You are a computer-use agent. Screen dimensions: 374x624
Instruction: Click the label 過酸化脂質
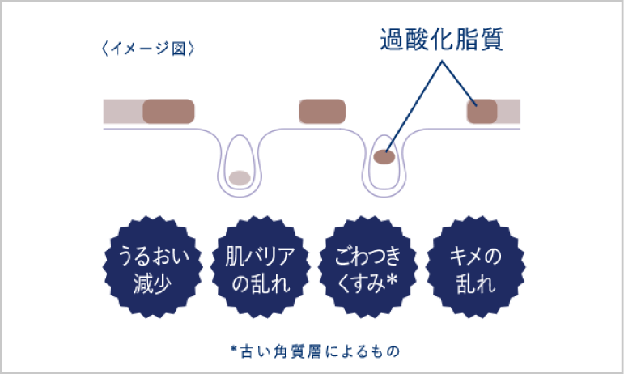(x=442, y=41)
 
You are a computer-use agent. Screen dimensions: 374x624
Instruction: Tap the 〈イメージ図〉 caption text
(x=146, y=48)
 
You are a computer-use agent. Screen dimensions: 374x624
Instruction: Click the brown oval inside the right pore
(x=384, y=157)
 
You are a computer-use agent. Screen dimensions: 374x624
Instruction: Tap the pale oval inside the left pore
(x=239, y=177)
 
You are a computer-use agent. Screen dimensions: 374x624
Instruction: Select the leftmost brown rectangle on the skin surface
(x=168, y=112)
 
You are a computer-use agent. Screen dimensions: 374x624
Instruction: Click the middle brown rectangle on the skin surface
(x=323, y=112)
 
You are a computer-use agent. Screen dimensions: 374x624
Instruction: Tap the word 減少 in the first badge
(x=153, y=284)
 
